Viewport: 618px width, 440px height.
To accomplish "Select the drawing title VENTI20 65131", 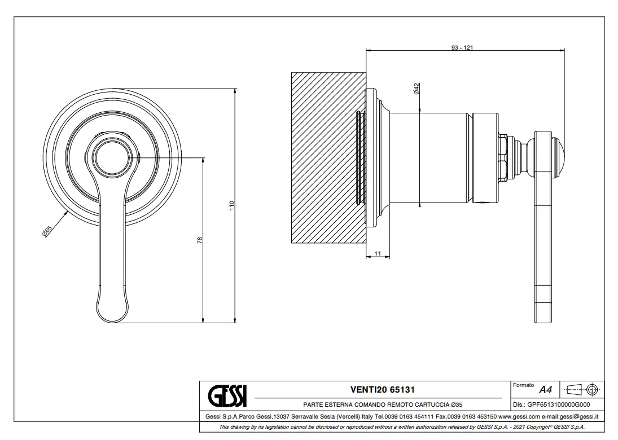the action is coord(382,390).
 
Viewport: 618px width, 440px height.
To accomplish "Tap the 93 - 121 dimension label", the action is coord(462,47).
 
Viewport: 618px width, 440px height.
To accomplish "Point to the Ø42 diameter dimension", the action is coord(416,89).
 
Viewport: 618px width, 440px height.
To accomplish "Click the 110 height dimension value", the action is coord(232,205).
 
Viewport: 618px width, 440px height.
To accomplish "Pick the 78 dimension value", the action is coord(199,240).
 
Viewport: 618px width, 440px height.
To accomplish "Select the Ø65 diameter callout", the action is coord(46,231).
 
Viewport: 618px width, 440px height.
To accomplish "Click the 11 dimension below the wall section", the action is coord(378,253).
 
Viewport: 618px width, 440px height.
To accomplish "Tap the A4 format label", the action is coord(546,390).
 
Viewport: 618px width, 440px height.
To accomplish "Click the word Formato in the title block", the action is coord(523,385).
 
